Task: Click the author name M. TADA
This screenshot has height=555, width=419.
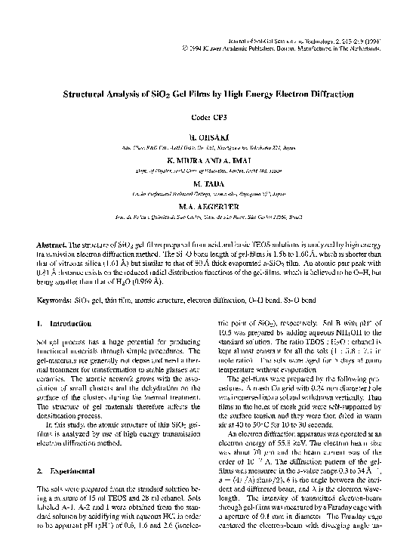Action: point(209,183)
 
